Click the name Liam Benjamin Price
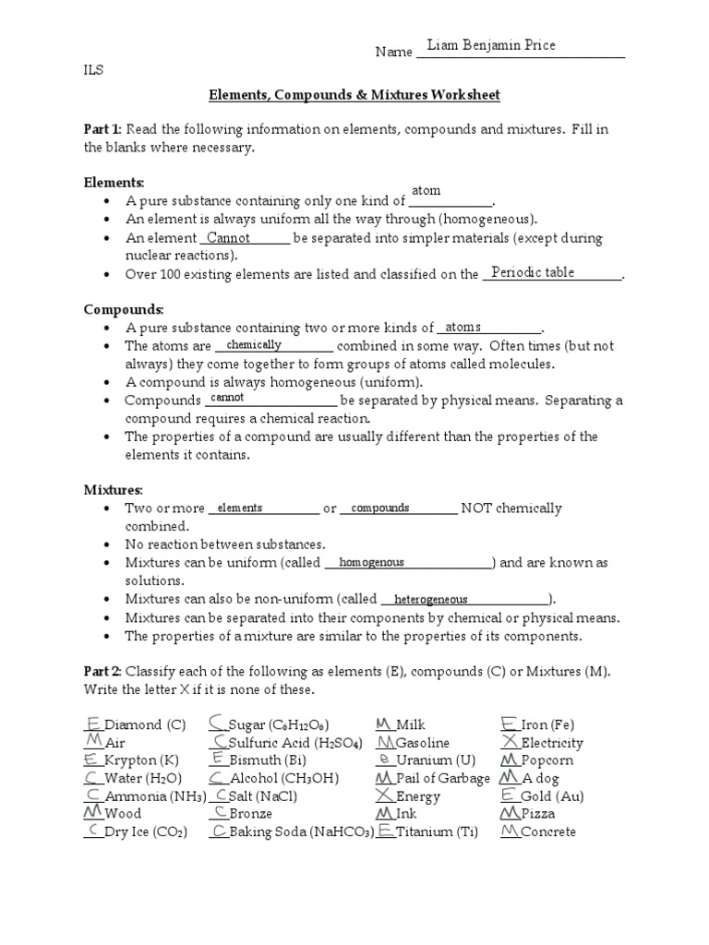point(492,46)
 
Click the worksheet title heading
point(354,94)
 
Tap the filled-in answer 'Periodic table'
point(533,272)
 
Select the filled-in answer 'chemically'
point(254,344)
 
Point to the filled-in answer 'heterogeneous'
point(430,599)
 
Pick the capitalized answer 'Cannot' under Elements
point(228,238)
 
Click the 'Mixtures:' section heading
point(114,489)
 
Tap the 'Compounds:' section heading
point(124,309)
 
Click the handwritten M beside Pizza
point(510,813)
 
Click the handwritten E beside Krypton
point(91,760)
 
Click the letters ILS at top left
point(94,67)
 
